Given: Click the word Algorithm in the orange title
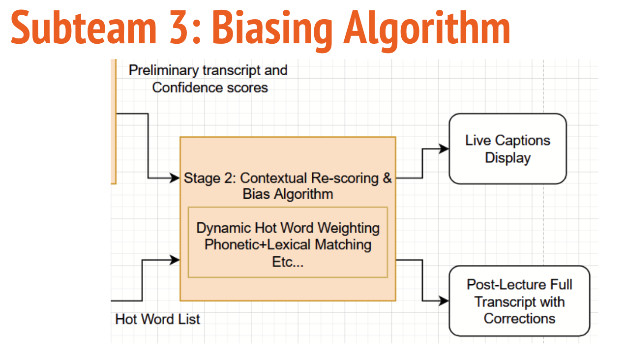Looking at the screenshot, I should click(427, 29).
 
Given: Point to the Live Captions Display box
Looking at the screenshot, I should click(507, 149).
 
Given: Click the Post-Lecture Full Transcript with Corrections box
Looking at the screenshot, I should click(519, 301).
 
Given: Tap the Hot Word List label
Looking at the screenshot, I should click(157, 319).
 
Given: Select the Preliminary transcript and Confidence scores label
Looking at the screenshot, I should click(208, 79).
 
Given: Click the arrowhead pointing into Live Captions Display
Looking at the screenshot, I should click(444, 149).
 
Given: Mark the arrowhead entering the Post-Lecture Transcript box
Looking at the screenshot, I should click(444, 300).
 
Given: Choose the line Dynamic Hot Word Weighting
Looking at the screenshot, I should click(288, 228).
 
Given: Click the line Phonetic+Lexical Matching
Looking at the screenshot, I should click(288, 244).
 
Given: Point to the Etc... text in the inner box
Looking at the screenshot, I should click(288, 261).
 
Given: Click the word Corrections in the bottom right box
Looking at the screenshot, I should click(519, 318).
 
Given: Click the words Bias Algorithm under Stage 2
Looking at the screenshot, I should click(288, 194).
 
